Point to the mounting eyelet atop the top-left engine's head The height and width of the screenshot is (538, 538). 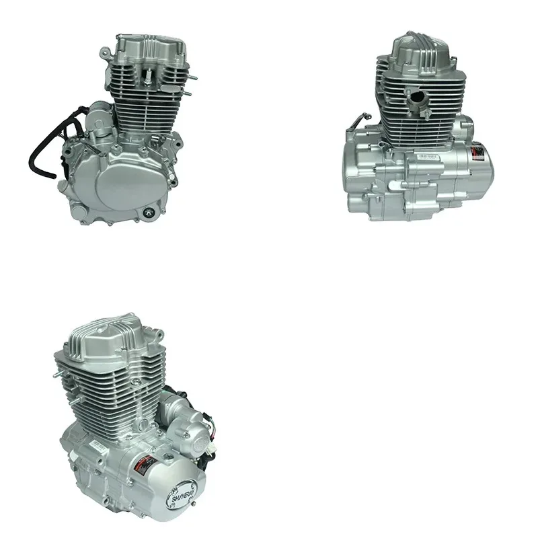(x=106, y=52)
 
